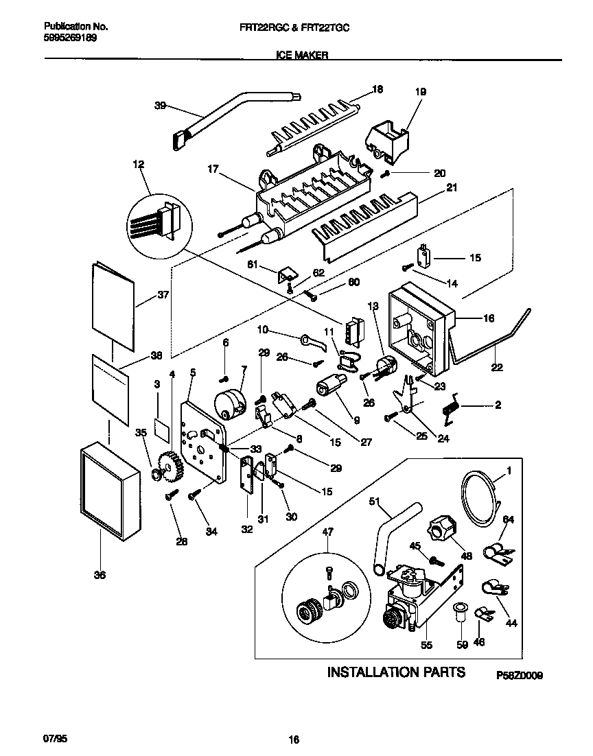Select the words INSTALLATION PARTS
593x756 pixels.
(x=396, y=672)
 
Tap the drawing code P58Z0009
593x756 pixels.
(x=520, y=675)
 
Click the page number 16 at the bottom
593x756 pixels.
(x=294, y=740)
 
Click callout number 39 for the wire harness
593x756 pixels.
(x=160, y=105)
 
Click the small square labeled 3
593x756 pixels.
(x=161, y=429)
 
